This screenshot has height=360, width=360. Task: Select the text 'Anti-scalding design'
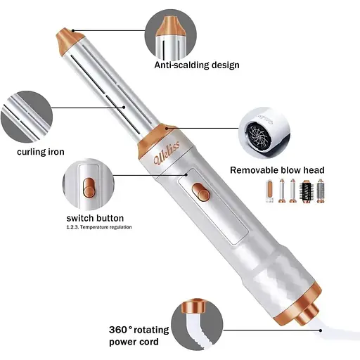(x=197, y=65)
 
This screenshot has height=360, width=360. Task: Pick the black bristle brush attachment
(x=307, y=192)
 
